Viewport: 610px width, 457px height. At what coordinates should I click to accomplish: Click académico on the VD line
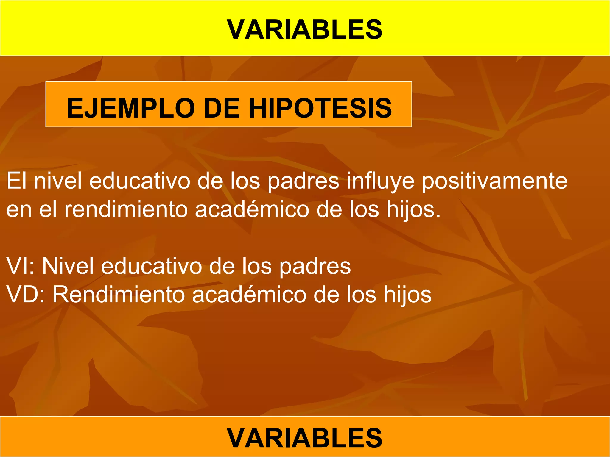[x=249, y=294]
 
